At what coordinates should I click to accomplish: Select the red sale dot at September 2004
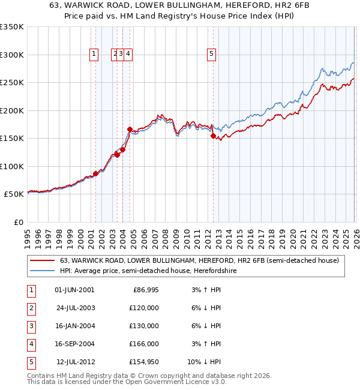pos(130,129)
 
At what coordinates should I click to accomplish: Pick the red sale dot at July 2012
pos(213,136)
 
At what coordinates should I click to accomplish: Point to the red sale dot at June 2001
pos(95,173)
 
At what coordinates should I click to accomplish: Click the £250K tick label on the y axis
pos(11,83)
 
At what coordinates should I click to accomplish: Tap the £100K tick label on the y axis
pos(11,166)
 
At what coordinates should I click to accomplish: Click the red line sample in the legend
pos(42,260)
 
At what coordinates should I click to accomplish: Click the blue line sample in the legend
pos(42,271)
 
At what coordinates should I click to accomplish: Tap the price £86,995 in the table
pos(146,290)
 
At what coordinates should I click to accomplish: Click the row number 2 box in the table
pos(31,308)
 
